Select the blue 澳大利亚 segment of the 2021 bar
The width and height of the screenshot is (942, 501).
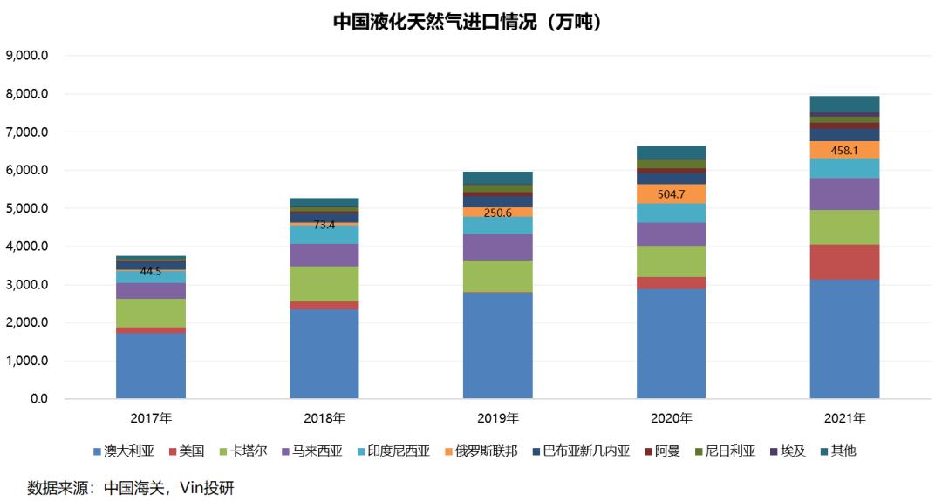(844, 339)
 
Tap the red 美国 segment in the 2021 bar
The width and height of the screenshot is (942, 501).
(844, 261)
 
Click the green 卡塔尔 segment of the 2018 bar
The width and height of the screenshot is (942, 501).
(324, 283)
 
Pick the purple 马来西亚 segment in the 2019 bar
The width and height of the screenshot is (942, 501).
(497, 247)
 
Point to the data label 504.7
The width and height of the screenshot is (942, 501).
(671, 193)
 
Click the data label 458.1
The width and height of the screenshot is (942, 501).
(844, 150)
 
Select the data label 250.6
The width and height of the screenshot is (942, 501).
(497, 212)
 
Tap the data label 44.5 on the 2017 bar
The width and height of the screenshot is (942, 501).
(151, 271)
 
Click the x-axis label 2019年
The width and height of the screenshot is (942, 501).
(497, 418)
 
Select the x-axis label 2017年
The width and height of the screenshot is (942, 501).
(151, 418)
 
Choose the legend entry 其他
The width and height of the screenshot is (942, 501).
(836, 451)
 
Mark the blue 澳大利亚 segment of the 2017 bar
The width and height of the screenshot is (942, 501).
(151, 366)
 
